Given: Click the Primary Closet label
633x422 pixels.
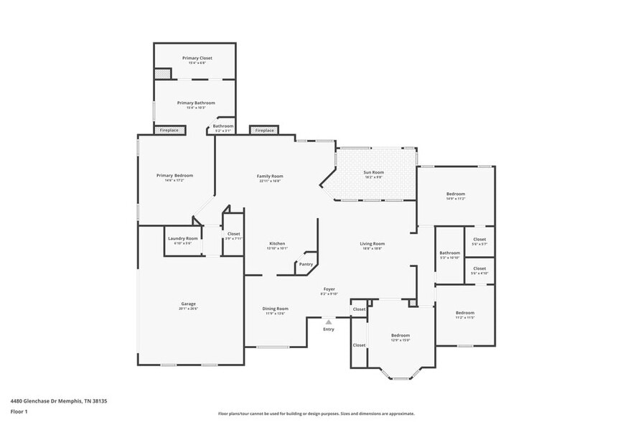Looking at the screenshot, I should pyautogui.click(x=197, y=58).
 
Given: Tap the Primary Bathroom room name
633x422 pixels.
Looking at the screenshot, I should pyautogui.click(x=196, y=103).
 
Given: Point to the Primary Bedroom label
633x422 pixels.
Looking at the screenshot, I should pyautogui.click(x=175, y=175).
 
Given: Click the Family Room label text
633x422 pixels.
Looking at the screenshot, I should pyautogui.click(x=271, y=176).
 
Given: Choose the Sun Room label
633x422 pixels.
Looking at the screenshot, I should pyautogui.click(x=373, y=172).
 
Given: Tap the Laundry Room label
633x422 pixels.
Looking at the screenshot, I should pyautogui.click(x=182, y=238).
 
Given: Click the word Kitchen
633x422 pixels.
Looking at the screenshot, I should pyautogui.click(x=278, y=243).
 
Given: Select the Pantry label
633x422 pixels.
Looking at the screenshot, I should pyautogui.click(x=306, y=264).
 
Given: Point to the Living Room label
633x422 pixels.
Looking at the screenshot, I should pyautogui.click(x=372, y=243).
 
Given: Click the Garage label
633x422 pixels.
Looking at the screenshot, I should pyautogui.click(x=188, y=304).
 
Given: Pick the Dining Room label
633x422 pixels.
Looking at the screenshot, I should pyautogui.click(x=276, y=308).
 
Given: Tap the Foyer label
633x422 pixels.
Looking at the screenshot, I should pyautogui.click(x=329, y=289).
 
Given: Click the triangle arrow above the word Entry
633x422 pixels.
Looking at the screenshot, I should pyautogui.click(x=329, y=322).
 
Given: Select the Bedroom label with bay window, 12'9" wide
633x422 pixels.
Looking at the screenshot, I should pyautogui.click(x=400, y=335).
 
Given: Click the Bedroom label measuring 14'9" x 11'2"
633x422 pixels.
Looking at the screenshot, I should pyautogui.click(x=456, y=194).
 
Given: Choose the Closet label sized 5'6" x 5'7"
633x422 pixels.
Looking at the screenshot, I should pyautogui.click(x=479, y=239).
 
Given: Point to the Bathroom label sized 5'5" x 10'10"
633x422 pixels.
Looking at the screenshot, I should pyautogui.click(x=450, y=253).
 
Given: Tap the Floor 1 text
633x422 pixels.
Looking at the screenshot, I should pyautogui.click(x=19, y=411).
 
